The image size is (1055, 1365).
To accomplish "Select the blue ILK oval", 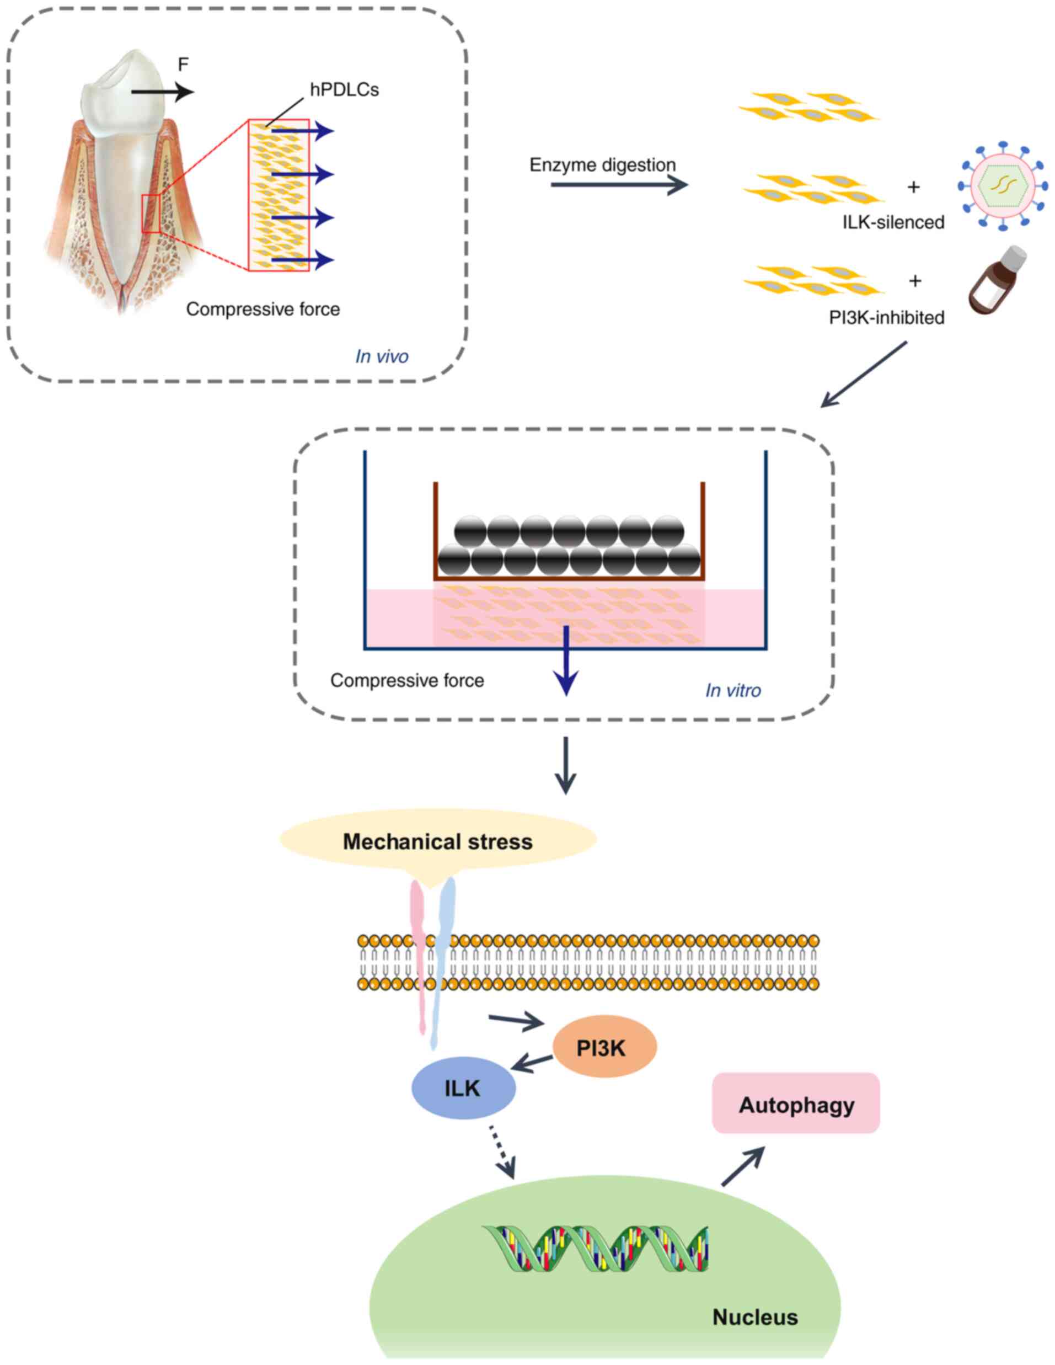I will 463,1088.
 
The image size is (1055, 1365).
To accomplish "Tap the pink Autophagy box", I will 796,1105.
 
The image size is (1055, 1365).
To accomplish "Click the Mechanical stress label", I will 437,842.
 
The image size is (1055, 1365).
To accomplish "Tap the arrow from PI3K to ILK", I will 532,1062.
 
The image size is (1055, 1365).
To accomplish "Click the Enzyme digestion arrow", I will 618,185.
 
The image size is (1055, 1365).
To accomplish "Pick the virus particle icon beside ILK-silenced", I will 1003,185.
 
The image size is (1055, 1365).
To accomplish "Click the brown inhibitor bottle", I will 997,281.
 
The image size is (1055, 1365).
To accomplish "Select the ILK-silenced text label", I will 893,222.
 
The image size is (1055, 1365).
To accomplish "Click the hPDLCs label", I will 344,90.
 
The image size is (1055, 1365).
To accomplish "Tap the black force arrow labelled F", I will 162,93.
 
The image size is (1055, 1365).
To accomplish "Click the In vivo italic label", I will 382,356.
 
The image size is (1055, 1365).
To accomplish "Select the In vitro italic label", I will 733,690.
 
